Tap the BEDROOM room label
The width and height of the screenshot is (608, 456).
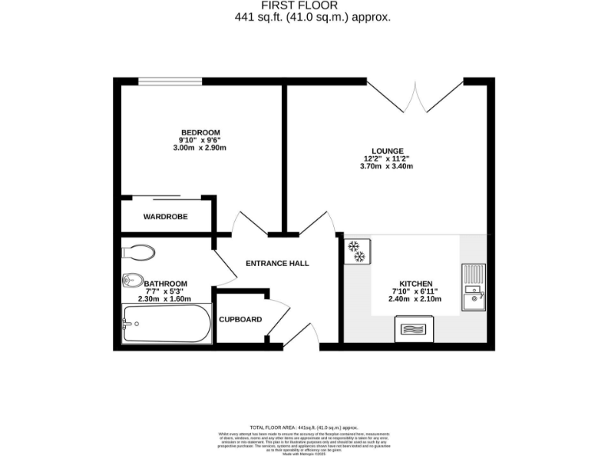200,132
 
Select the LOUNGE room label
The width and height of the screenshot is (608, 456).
388,150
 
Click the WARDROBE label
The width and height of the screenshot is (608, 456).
165,216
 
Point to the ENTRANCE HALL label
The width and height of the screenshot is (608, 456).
277,264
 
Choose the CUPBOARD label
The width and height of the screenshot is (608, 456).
240,320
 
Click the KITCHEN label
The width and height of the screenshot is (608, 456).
415,283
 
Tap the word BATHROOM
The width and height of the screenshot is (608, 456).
166,283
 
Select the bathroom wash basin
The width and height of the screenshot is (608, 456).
131,280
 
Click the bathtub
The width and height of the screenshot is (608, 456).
167,325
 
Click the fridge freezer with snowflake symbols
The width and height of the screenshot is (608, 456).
355,251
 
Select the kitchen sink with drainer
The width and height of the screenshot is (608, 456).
473,286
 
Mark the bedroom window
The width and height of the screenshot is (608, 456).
169,81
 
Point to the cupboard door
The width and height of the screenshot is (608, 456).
277,317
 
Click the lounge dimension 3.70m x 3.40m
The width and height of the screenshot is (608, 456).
388,168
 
